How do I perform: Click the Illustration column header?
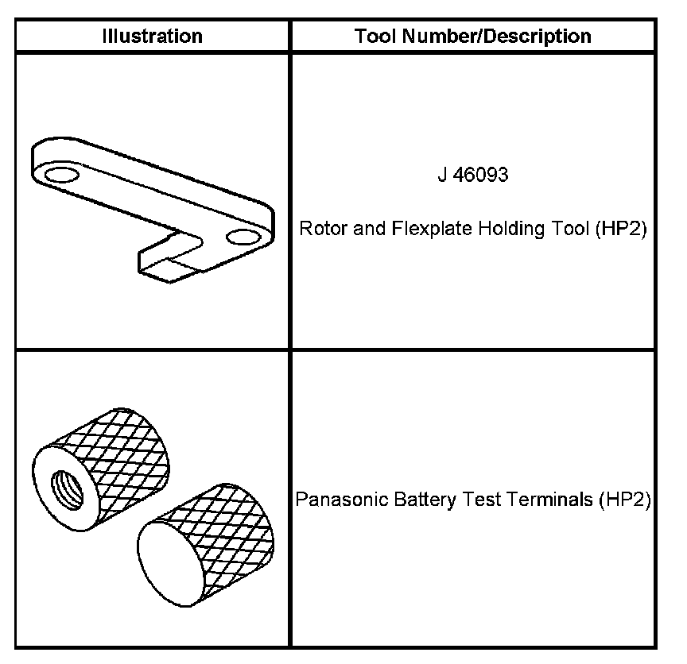[x=152, y=37]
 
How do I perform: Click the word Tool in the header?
[x=373, y=37]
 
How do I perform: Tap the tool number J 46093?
[x=472, y=176]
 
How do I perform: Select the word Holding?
[x=505, y=230]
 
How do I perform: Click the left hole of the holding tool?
[x=60, y=174]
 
